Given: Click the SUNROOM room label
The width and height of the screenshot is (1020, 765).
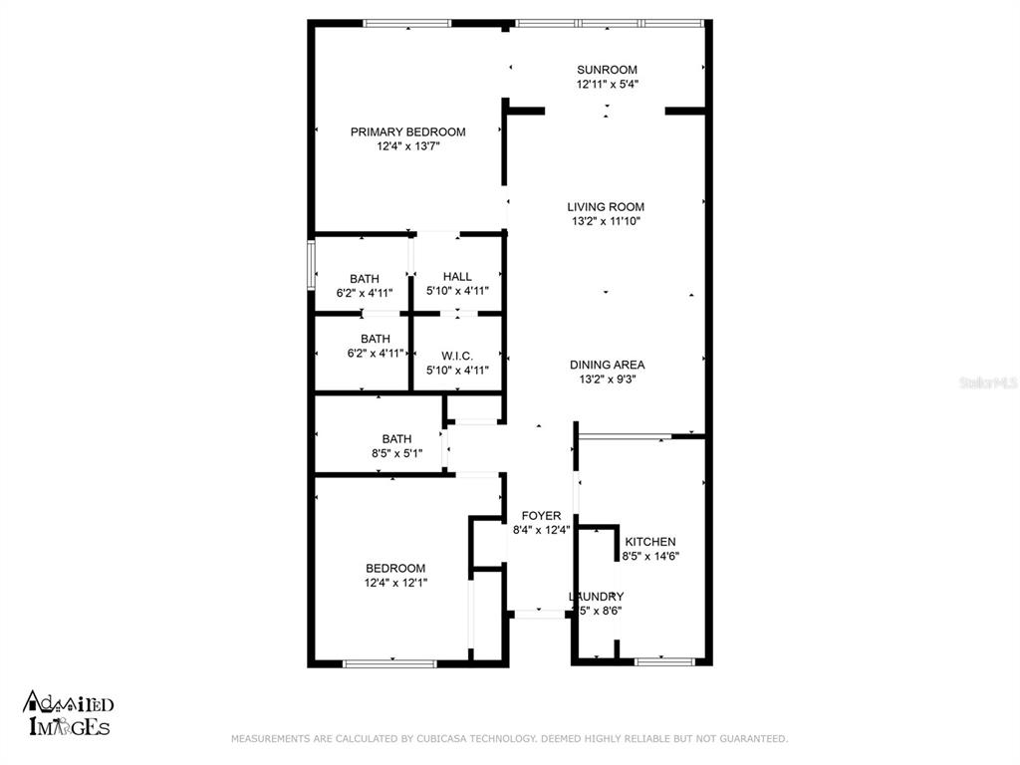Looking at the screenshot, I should (x=607, y=70).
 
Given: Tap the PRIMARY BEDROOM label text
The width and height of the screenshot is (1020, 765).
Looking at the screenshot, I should (x=407, y=131).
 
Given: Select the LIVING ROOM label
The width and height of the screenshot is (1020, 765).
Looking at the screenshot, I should (x=606, y=207).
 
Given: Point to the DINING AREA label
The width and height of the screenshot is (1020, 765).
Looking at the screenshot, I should (x=607, y=365).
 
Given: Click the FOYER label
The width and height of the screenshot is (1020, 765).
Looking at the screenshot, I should (x=541, y=516).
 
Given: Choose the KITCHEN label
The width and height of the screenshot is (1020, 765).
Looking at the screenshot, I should (x=650, y=542).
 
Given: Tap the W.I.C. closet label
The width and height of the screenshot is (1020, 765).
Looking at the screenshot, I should (x=457, y=356).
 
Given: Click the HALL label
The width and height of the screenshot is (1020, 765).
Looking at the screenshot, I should (x=457, y=277).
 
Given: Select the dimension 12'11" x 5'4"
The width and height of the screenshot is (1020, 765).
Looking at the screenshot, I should (x=607, y=85).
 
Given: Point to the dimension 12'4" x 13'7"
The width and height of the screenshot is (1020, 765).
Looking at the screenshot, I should (x=407, y=146).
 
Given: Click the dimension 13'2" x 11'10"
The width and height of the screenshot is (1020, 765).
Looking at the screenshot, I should (x=606, y=222).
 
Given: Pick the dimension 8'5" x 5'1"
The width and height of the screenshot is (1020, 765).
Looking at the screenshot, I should (x=396, y=453).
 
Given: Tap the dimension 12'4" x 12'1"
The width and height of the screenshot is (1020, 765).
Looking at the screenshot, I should (x=395, y=583).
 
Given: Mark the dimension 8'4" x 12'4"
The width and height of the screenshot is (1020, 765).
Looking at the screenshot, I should (x=541, y=531).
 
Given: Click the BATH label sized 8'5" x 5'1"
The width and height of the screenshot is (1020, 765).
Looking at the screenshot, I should (x=396, y=438).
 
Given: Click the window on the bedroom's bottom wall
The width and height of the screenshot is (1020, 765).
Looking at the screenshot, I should (x=389, y=662).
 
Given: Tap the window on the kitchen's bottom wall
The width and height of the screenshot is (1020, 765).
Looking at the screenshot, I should (x=664, y=661).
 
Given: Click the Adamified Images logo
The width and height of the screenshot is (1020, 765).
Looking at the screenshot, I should (x=68, y=715).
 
